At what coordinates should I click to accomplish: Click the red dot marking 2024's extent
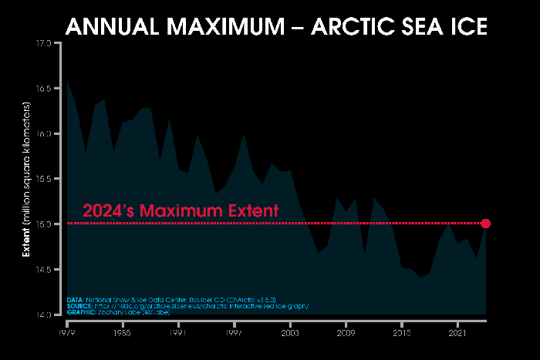point(485,224)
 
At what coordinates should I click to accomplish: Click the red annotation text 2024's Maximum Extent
point(181,210)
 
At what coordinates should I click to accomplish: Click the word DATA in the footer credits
point(75,299)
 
